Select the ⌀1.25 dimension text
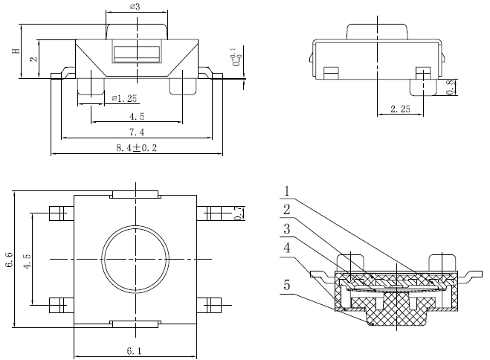pos(124,97)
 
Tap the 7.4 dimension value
pos(137,132)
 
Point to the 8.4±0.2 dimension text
pos(137,148)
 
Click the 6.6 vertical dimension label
pos(9,260)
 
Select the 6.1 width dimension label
pos(136,351)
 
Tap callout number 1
pos(287,190)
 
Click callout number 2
pos(287,209)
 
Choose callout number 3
pos(287,228)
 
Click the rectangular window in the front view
pos(136,54)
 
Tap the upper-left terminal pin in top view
pos(56,213)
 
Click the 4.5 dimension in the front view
pos(137,116)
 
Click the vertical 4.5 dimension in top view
pos(27,260)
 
